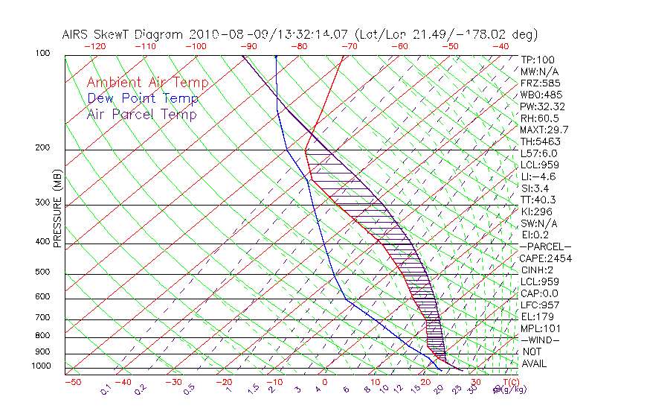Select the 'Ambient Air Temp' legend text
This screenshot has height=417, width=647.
click(x=147, y=83)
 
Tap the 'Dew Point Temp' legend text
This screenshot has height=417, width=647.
click(x=142, y=99)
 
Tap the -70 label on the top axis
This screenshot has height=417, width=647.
click(x=348, y=46)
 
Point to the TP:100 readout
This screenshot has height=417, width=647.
click(x=537, y=60)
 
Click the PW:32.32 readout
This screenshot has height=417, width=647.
click(x=542, y=106)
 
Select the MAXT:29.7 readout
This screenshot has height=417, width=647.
click(x=545, y=130)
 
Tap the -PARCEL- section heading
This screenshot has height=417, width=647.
click(x=545, y=246)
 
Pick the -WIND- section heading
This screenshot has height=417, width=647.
click(x=540, y=340)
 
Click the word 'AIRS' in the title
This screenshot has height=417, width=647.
click(x=77, y=34)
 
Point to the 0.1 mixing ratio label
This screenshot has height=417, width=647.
click(x=106, y=389)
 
